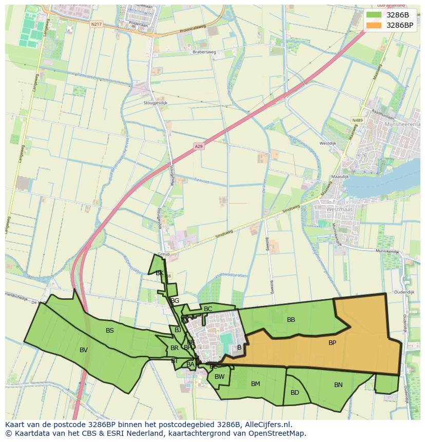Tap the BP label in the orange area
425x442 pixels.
pyautogui.click(x=332, y=342)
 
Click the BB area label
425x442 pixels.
pyautogui.click(x=291, y=320)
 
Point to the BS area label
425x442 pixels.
pyautogui.click(x=110, y=331)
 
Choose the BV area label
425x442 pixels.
pyautogui.click(x=84, y=350)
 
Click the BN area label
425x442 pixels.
pyautogui.click(x=338, y=385)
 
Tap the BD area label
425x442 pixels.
pyautogui.click(x=295, y=393)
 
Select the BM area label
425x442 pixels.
pyautogui.click(x=256, y=384)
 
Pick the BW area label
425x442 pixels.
pyautogui.click(x=220, y=377)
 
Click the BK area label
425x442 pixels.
pyautogui.click(x=160, y=273)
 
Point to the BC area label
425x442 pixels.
pyautogui.click(x=208, y=309)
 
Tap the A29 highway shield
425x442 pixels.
pyautogui.click(x=199, y=146)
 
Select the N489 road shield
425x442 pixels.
pyautogui.click(x=357, y=120)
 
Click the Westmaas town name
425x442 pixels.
pyautogui.click(x=340, y=209)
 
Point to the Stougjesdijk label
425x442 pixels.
pyautogui.click(x=157, y=103)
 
